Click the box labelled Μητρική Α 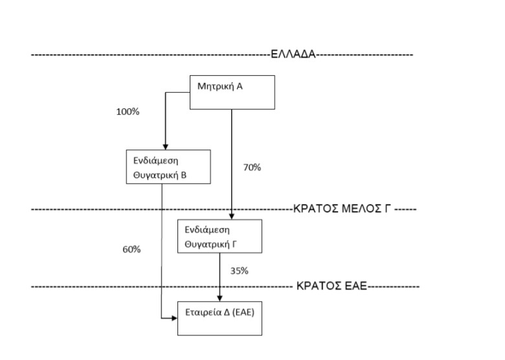232,91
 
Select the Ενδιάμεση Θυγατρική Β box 168,166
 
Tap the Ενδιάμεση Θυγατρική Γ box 219,236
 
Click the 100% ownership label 128,111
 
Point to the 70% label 252,167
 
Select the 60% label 131,249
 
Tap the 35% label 239,271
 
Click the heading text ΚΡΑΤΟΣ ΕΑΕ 331,286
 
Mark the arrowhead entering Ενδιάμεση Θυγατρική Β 165,146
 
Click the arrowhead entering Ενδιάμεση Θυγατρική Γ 232,216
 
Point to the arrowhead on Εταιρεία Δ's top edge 219,298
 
